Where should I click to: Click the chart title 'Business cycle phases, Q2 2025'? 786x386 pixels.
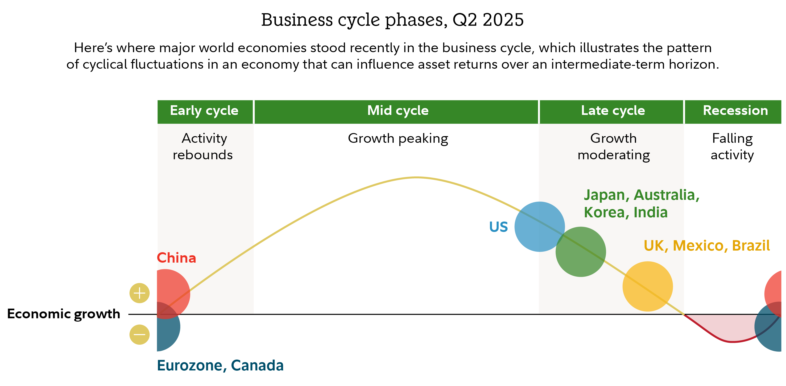pyautogui.click(x=392, y=20)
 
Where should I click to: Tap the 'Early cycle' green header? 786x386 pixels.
pyautogui.click(x=204, y=111)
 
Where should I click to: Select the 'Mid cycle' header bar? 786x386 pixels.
pyautogui.click(x=397, y=111)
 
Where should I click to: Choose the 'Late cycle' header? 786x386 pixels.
pyautogui.click(x=613, y=111)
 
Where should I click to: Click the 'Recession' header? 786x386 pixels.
pyautogui.click(x=735, y=111)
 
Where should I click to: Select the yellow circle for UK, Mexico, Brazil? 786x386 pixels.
pyautogui.click(x=647, y=286)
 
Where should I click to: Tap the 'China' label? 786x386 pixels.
pyautogui.click(x=176, y=258)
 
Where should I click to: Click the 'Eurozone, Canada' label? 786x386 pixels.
pyautogui.click(x=220, y=365)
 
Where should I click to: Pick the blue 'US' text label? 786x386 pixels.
pyautogui.click(x=498, y=227)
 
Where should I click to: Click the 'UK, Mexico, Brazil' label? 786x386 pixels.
pyautogui.click(x=707, y=246)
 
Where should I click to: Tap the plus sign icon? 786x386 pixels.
pyautogui.click(x=139, y=293)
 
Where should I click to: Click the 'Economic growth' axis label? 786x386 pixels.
pyautogui.click(x=63, y=314)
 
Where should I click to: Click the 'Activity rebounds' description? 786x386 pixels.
pyautogui.click(x=203, y=147)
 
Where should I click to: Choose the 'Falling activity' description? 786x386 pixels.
pyautogui.click(x=732, y=147)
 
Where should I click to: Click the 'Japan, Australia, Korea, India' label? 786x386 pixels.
pyautogui.click(x=641, y=203)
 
